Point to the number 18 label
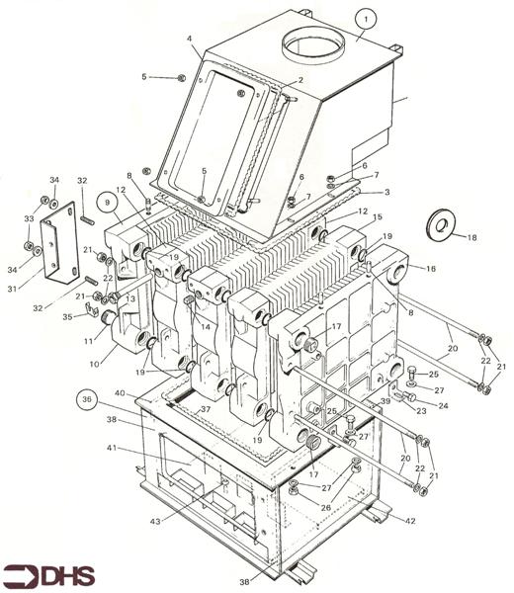click(x=471, y=237)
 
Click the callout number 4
click(x=189, y=39)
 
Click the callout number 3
click(x=386, y=192)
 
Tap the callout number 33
click(x=29, y=218)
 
